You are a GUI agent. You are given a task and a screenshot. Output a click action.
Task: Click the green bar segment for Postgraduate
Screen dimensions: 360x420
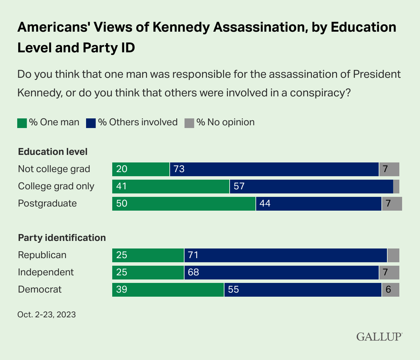[184, 203]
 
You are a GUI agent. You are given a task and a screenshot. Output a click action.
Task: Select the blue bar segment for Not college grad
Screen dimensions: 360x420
[274, 169]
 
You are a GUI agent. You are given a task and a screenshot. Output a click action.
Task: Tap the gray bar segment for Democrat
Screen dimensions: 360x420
[390, 289]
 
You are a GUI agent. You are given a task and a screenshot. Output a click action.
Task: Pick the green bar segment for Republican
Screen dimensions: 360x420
[148, 255]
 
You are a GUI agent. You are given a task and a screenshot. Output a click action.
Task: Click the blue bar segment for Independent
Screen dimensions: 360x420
[281, 272]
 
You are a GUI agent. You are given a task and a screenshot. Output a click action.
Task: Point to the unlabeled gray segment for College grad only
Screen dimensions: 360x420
[396, 186]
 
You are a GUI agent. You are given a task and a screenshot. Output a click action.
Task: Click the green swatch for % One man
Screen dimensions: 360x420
[22, 123]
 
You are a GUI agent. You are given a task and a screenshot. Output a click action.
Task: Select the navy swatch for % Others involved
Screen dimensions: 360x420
[91, 123]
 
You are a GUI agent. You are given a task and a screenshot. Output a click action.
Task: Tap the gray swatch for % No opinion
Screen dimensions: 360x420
[189, 123]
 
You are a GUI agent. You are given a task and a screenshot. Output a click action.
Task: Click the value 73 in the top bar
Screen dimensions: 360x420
[179, 169]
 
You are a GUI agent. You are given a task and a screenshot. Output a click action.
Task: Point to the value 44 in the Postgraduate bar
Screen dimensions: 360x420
[265, 203]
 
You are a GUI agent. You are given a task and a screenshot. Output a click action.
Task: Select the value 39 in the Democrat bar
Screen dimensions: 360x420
[122, 289]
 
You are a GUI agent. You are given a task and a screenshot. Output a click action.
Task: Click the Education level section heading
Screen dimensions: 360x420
[53, 151]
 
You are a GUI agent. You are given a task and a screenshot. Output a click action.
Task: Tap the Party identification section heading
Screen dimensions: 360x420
[62, 238]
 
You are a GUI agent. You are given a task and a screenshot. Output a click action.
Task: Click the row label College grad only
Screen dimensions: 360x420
[56, 186]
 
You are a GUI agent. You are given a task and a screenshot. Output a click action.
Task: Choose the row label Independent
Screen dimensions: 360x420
[46, 272]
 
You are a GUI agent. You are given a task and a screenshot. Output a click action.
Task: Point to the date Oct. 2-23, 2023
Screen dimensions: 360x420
[46, 315]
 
